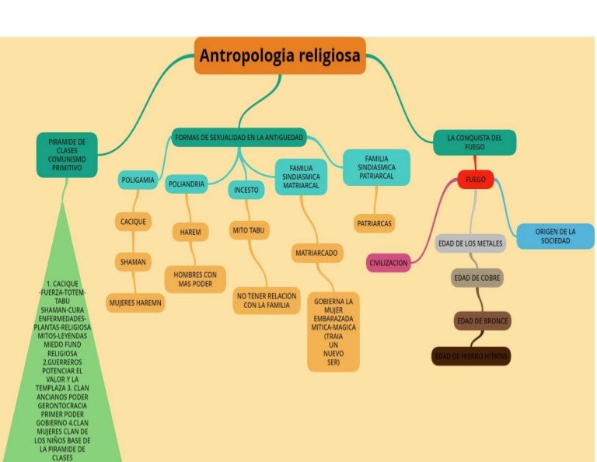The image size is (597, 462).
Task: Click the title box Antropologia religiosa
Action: [x=280, y=56]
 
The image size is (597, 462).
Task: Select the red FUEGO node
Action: [x=476, y=180]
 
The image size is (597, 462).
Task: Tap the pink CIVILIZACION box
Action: [x=388, y=264]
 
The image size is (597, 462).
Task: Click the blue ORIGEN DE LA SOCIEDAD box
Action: [x=555, y=236]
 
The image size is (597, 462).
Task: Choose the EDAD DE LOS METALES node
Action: [x=470, y=243]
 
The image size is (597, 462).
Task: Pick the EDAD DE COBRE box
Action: [x=477, y=278]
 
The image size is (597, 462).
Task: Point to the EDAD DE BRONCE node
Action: [x=481, y=321]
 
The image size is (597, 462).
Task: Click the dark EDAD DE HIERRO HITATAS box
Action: [x=471, y=357]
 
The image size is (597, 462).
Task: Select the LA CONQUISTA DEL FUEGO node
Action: [x=474, y=142]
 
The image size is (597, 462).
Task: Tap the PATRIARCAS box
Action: [x=375, y=223]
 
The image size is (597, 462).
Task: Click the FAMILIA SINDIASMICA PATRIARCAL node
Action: [x=376, y=167]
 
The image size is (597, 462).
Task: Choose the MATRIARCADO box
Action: [x=317, y=253]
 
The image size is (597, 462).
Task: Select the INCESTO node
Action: [x=246, y=190]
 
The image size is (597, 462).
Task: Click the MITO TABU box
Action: [x=250, y=230]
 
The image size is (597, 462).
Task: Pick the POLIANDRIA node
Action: [x=187, y=184]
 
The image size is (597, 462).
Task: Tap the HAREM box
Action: [x=190, y=232]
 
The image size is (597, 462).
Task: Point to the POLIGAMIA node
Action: [x=138, y=180]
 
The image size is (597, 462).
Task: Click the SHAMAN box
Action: [x=133, y=262]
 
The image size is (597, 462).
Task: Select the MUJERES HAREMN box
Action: [x=134, y=303]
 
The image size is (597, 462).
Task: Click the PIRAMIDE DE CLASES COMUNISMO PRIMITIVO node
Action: [x=67, y=155]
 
